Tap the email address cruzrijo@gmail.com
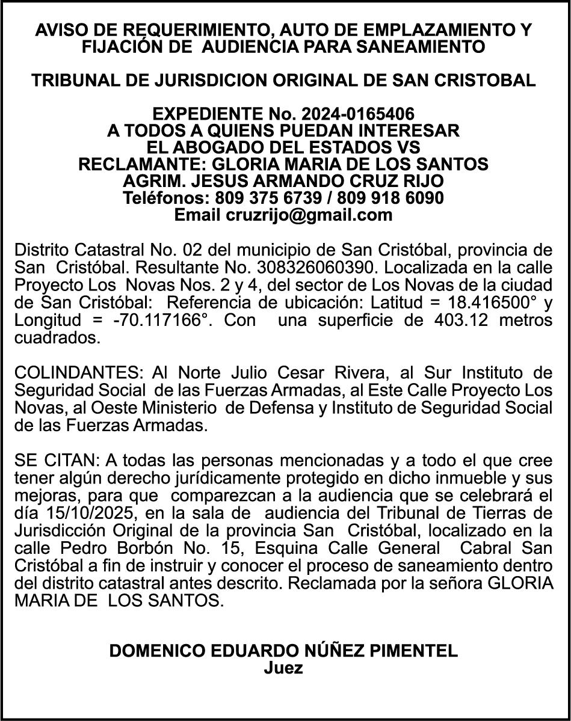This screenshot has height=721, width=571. coord(309,215)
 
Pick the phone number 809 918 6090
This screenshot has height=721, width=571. coord(390,198)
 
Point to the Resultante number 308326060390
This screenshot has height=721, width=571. coord(307,266)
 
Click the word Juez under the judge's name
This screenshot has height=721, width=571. coord(283,668)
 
